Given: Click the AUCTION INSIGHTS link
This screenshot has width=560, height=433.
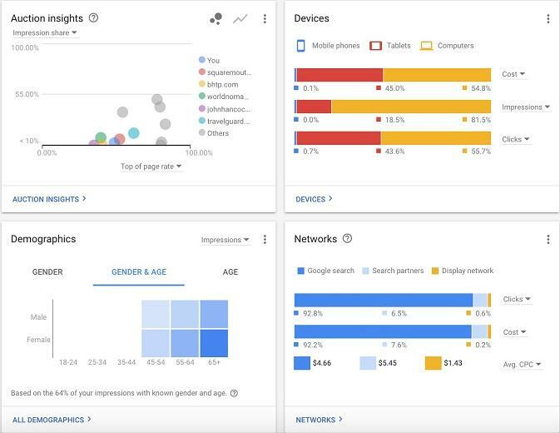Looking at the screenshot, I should pyautogui.click(x=49, y=199).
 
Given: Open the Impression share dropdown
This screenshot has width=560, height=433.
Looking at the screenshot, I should pyautogui.click(x=45, y=33).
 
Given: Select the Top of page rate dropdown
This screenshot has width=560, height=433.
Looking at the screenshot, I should pyautogui.click(x=151, y=167).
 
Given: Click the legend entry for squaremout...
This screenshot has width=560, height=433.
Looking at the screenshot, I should pyautogui.click(x=228, y=72).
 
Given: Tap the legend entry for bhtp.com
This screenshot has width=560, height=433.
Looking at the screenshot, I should pyautogui.click(x=222, y=84).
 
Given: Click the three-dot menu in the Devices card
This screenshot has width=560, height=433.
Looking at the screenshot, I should pyautogui.click(x=548, y=19).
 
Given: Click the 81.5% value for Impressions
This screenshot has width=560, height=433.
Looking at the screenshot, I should pyautogui.click(x=480, y=120).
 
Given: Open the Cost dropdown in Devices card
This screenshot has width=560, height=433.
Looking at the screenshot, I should pyautogui.click(x=513, y=74).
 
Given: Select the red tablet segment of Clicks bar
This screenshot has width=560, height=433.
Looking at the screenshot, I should pyautogui.click(x=339, y=138).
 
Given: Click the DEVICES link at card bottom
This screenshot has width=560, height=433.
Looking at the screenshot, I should pyautogui.click(x=314, y=199).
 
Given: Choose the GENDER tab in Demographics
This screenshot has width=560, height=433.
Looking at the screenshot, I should pyautogui.click(x=47, y=271).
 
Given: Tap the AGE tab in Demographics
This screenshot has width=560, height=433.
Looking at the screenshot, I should pyautogui.click(x=230, y=271).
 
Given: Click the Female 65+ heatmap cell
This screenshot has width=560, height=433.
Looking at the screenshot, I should pyautogui.click(x=214, y=342).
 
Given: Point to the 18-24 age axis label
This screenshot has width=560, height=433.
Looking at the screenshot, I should pyautogui.click(x=68, y=362).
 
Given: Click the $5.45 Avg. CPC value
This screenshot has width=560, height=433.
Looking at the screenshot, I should pyautogui.click(x=387, y=364).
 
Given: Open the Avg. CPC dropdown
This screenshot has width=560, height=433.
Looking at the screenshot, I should pyautogui.click(x=523, y=365).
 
